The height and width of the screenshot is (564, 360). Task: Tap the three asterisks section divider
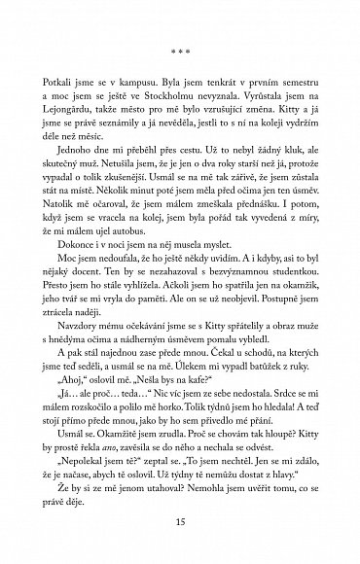180,43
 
